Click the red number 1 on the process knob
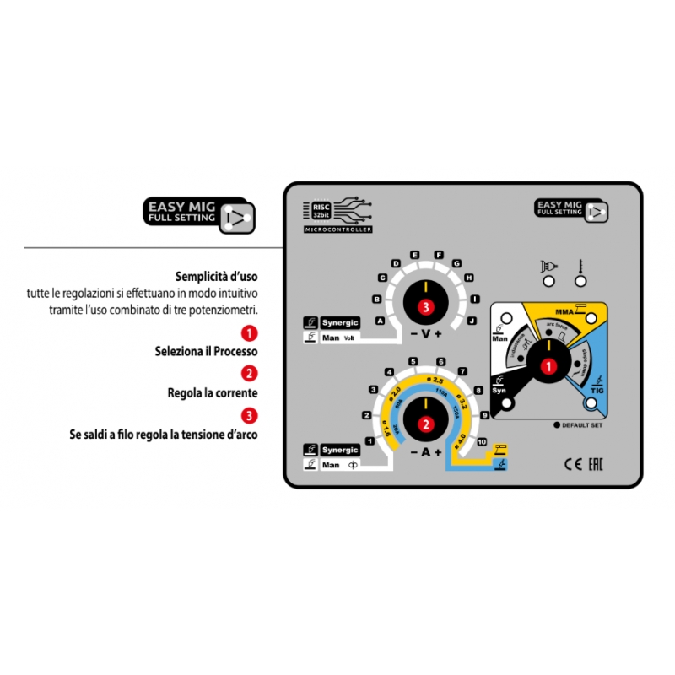[547, 366]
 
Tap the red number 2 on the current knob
[426, 424]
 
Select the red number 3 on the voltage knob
[426, 307]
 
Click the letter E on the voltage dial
[415, 254]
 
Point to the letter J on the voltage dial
[472, 321]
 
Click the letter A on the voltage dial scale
[381, 321]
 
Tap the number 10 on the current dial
[482, 441]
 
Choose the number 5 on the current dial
[413, 362]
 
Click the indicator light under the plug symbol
[549, 281]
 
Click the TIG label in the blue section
[598, 388]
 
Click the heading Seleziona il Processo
[207, 350]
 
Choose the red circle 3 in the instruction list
[249, 414]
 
